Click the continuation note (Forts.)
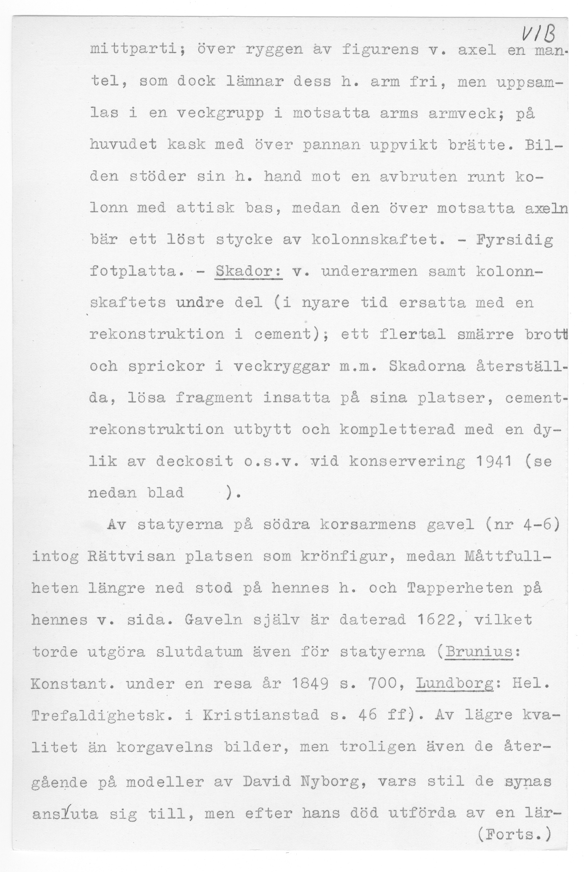tap(514, 834)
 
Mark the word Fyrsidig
tap(515, 240)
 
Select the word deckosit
tap(194, 461)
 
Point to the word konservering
tap(407, 461)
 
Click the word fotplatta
tap(133, 271)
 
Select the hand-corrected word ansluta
tap(65, 813)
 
